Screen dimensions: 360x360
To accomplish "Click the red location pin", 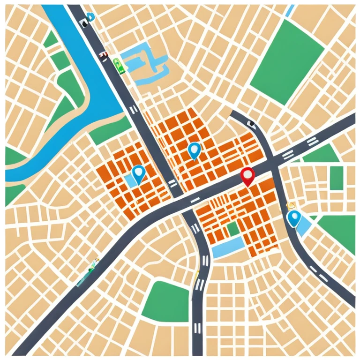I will click(247, 175).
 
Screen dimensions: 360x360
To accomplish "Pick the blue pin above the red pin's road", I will click(194, 150).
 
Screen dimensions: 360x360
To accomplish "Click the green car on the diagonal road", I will click(119, 66).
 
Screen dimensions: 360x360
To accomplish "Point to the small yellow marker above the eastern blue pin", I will click(291, 205).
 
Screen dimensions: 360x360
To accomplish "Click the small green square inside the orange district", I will click(232, 229).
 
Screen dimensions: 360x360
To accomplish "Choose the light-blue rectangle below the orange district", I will click(228, 246).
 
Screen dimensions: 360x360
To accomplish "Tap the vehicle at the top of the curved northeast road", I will click(251, 124).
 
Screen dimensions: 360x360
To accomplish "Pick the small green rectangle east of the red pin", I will click(336, 178).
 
